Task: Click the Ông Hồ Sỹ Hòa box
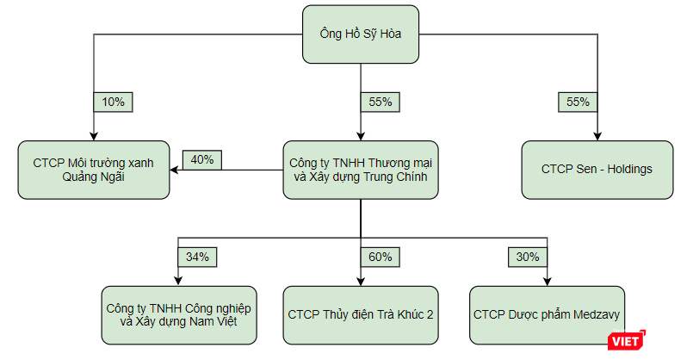361,35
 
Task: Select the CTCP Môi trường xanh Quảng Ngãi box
94,170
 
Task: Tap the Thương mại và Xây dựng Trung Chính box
361,170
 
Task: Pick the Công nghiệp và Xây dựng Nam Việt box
178,314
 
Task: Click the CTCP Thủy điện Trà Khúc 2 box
361,314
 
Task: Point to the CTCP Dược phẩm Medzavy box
547,314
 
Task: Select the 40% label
203,159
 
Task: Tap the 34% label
198,257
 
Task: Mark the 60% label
381,257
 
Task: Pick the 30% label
528,257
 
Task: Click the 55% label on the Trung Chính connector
381,102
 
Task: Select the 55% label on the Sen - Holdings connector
579,102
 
